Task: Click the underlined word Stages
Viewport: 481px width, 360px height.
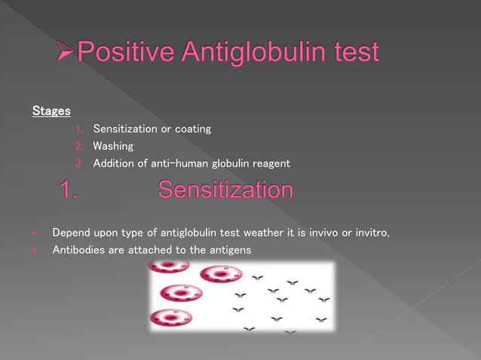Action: point(51,111)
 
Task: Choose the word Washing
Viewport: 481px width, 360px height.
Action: point(113,146)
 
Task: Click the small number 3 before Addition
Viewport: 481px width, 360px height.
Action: point(78,163)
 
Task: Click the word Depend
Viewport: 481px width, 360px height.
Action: point(71,232)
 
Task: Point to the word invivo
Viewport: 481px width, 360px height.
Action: point(320,232)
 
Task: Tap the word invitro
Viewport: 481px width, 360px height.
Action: point(368,232)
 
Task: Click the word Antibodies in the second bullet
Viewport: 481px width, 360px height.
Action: point(79,249)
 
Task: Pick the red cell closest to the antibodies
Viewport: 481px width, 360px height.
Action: point(221,274)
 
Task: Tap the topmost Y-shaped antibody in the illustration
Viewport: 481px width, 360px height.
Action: point(257,278)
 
